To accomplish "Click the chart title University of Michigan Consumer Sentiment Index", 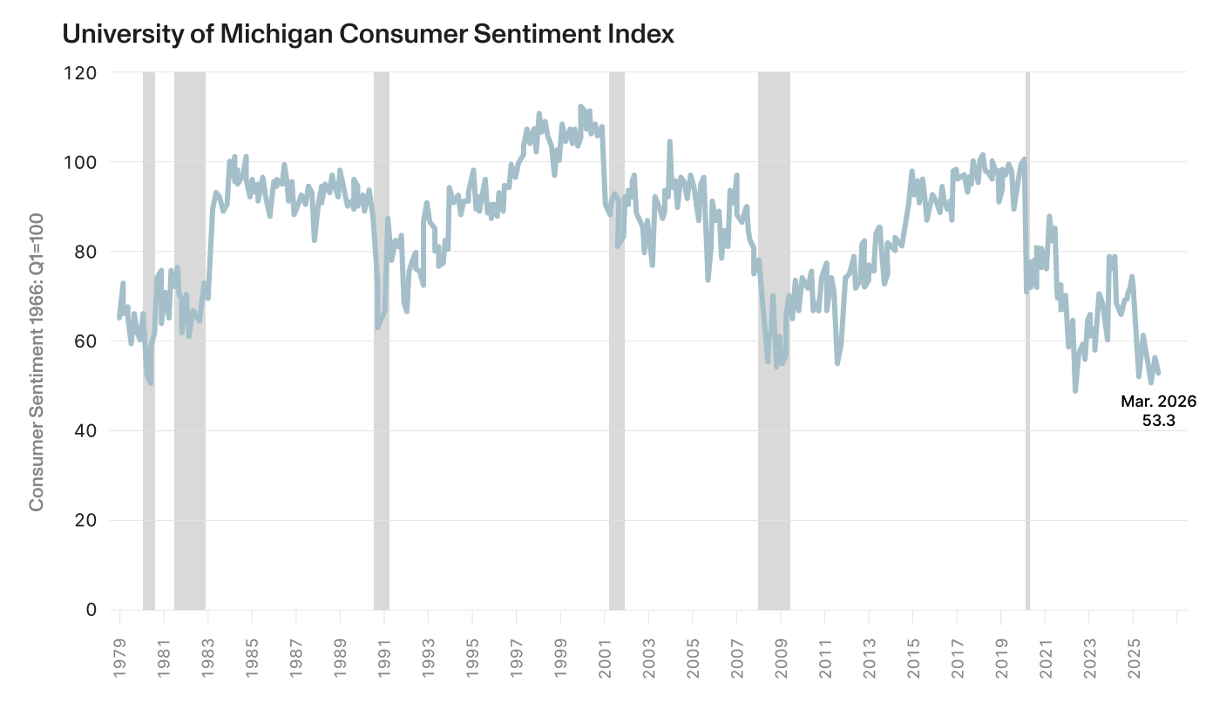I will tap(368, 35).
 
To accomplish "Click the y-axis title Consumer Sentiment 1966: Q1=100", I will tap(37, 341).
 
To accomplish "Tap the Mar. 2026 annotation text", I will tap(1158, 402).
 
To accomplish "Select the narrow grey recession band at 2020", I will tap(1027, 341).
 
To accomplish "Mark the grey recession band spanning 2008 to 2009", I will tap(774, 341).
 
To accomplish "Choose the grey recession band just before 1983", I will tap(190, 341).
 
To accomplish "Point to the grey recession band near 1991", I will tap(382, 341).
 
